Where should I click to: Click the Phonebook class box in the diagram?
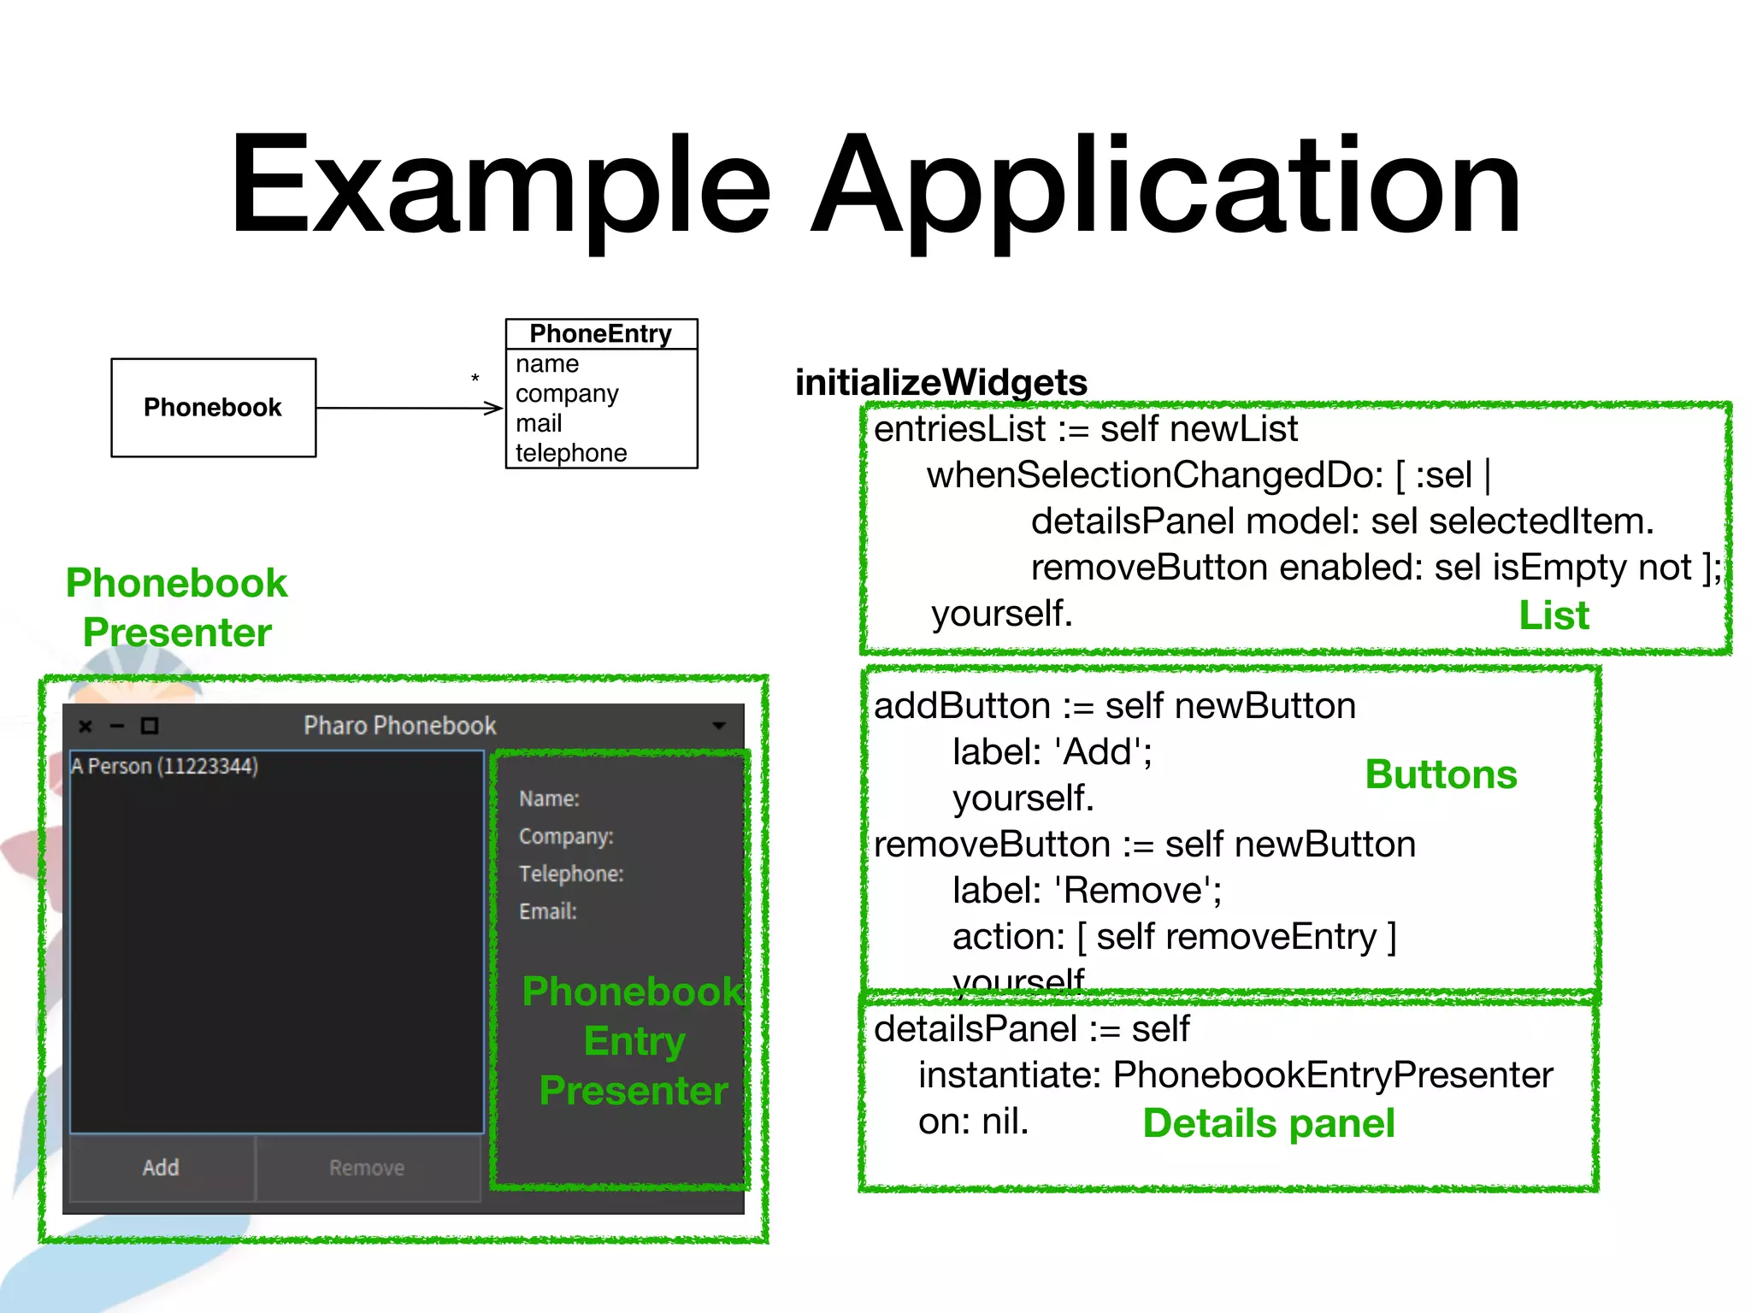[x=213, y=408]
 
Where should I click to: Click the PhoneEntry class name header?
[x=600, y=333]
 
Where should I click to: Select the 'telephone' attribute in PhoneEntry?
[x=570, y=453]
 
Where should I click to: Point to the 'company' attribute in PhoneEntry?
[x=566, y=394]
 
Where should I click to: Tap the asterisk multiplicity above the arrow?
[x=475, y=379]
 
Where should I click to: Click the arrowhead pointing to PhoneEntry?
[x=494, y=408]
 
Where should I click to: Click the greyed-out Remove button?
[x=367, y=1168]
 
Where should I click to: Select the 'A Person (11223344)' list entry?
[x=164, y=766]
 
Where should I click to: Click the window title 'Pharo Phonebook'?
[x=399, y=726]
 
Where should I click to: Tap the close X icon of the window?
[x=85, y=727]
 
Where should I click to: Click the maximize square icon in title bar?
[x=150, y=726]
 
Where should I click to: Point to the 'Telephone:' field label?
[x=570, y=874]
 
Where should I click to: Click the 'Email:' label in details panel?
[x=547, y=911]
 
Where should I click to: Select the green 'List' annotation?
[x=1553, y=615]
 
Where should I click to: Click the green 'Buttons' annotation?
[x=1440, y=774]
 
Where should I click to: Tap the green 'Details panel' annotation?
[x=1268, y=1123]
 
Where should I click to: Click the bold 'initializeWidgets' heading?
[x=940, y=382]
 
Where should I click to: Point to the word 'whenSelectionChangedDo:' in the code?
[x=1154, y=475]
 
